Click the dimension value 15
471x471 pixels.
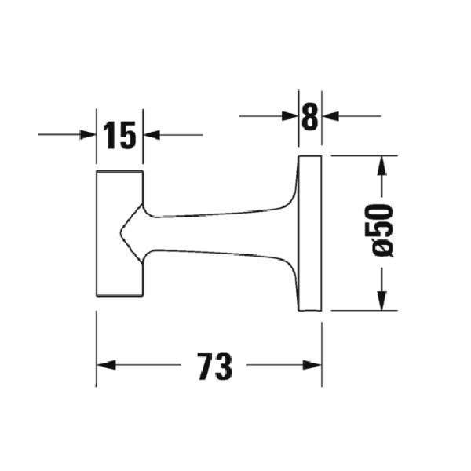pos(119,136)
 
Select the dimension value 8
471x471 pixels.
pos(309,117)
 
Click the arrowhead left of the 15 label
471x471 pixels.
pos(88,135)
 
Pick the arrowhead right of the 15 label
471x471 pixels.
pos(152,135)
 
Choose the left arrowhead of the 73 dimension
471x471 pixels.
pos(105,366)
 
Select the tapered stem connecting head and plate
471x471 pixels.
pos(220,232)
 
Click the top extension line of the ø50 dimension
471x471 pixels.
pos(357,155)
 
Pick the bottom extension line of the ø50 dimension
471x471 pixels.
pos(357,310)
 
